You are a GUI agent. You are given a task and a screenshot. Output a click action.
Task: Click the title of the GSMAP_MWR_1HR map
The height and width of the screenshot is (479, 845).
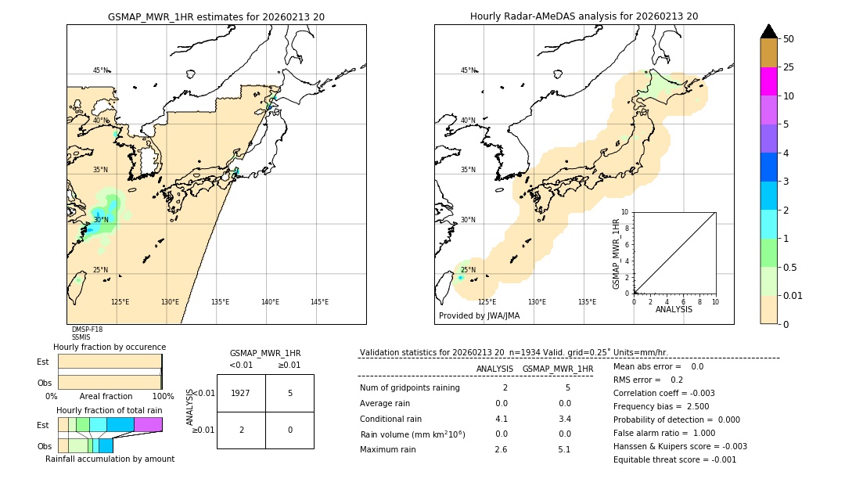click(x=216, y=16)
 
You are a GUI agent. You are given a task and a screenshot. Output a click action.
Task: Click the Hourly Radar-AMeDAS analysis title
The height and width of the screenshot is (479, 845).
click(x=584, y=16)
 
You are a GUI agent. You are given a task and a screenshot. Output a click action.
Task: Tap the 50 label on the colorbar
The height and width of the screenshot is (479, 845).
click(x=789, y=39)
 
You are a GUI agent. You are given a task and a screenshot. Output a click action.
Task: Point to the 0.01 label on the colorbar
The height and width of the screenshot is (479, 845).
click(x=793, y=295)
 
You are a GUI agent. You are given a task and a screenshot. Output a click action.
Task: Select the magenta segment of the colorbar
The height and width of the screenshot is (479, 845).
click(x=768, y=81)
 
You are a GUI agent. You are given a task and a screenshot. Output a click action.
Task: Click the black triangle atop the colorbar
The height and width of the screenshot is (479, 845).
click(x=768, y=31)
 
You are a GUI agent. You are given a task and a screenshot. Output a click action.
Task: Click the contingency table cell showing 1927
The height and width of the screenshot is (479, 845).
click(x=241, y=393)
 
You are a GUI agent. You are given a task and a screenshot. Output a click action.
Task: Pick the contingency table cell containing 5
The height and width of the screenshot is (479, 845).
click(x=289, y=393)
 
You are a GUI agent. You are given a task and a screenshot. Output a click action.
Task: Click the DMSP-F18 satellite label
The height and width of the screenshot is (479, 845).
click(x=87, y=330)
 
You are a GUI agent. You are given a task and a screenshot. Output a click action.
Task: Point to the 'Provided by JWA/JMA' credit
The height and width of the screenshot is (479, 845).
click(x=479, y=316)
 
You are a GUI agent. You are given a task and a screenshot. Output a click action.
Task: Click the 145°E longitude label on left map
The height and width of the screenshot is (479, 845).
click(x=319, y=302)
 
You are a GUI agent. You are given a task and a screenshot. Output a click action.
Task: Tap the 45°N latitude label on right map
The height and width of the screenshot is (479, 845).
click(x=468, y=70)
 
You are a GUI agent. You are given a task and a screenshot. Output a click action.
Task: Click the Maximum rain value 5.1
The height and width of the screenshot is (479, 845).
click(x=563, y=449)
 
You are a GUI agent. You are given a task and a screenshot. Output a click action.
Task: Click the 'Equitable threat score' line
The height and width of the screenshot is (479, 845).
click(x=674, y=459)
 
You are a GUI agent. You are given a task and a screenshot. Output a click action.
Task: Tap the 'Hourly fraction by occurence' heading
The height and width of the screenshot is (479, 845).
click(x=110, y=347)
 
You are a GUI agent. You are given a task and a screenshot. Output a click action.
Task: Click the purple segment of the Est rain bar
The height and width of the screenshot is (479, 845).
click(x=148, y=424)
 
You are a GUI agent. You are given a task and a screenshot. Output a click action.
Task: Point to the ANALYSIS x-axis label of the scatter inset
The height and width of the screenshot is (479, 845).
click(x=674, y=309)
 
